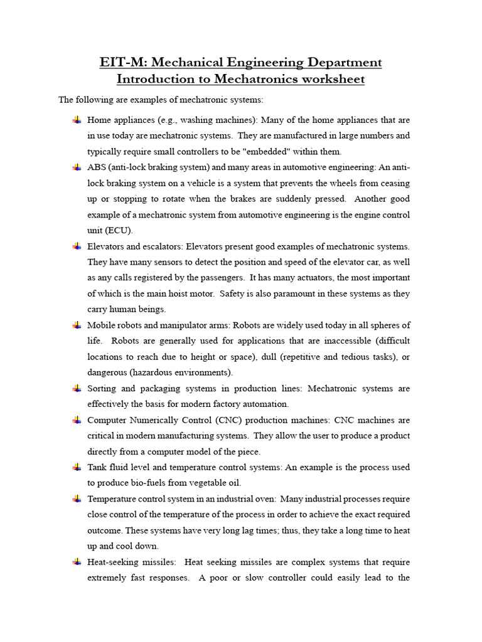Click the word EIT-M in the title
[122, 63]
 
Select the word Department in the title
[341, 63]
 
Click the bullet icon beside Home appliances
[77, 120]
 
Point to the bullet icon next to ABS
[77, 167]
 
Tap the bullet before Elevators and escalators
[77, 246]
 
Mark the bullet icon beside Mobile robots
[77, 325]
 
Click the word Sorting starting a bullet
[102, 388]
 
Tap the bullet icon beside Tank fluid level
[77, 467]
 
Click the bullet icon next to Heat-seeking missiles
[77, 562]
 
